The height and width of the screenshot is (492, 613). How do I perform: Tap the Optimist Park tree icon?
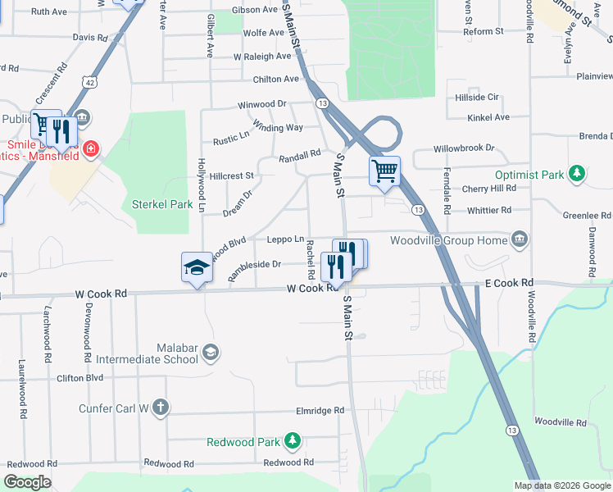578,174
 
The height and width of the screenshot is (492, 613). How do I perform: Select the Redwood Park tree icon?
292,442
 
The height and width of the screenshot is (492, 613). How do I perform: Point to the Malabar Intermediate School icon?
211,352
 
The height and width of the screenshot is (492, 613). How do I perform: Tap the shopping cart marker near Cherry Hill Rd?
384,171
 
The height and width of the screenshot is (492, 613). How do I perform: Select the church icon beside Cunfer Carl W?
161,407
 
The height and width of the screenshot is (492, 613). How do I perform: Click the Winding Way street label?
278,127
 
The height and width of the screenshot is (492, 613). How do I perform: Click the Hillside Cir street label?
476,97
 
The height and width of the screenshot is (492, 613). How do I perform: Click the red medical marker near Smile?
91,149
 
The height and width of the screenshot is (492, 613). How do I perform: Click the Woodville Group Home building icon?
519,239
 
